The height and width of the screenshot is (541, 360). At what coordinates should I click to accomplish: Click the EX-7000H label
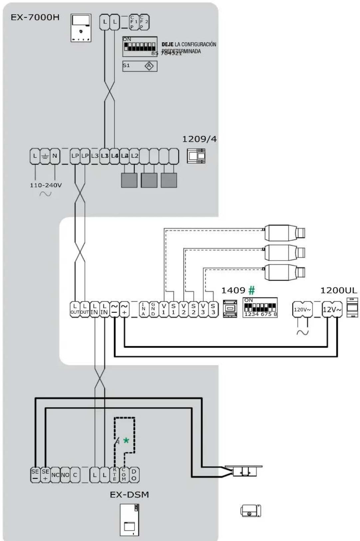click(x=35, y=17)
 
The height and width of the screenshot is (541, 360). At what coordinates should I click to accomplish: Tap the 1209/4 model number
click(x=199, y=139)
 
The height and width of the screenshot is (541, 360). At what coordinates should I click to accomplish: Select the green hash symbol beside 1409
click(x=252, y=290)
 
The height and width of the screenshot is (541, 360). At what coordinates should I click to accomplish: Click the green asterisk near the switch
click(x=126, y=441)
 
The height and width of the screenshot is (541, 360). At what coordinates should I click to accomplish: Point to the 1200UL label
click(x=338, y=290)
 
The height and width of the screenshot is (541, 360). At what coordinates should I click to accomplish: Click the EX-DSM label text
click(x=129, y=494)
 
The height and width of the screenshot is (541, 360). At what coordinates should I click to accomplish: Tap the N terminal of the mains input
click(x=55, y=156)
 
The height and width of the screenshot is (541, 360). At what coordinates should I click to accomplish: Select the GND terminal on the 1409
click(x=153, y=309)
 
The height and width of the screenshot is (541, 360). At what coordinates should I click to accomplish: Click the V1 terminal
click(x=163, y=309)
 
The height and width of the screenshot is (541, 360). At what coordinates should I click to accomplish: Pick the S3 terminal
click(x=213, y=309)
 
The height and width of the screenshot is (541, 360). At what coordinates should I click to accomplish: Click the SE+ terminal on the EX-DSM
click(x=45, y=475)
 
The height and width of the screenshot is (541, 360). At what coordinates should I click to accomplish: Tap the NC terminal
click(x=55, y=475)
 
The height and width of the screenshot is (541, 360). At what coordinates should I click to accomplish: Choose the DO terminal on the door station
click(x=134, y=475)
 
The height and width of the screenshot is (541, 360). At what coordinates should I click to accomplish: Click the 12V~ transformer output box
click(x=332, y=309)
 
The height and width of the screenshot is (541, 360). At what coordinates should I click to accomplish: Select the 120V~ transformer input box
click(x=302, y=309)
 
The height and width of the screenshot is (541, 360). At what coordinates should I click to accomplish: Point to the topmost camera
click(x=284, y=233)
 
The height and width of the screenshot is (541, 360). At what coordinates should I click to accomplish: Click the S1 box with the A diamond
click(x=140, y=66)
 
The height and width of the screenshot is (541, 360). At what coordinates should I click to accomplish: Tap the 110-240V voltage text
click(x=46, y=185)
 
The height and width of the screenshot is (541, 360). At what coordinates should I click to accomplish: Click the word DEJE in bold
click(x=167, y=44)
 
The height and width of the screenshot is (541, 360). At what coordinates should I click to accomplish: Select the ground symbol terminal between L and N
click(x=45, y=156)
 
